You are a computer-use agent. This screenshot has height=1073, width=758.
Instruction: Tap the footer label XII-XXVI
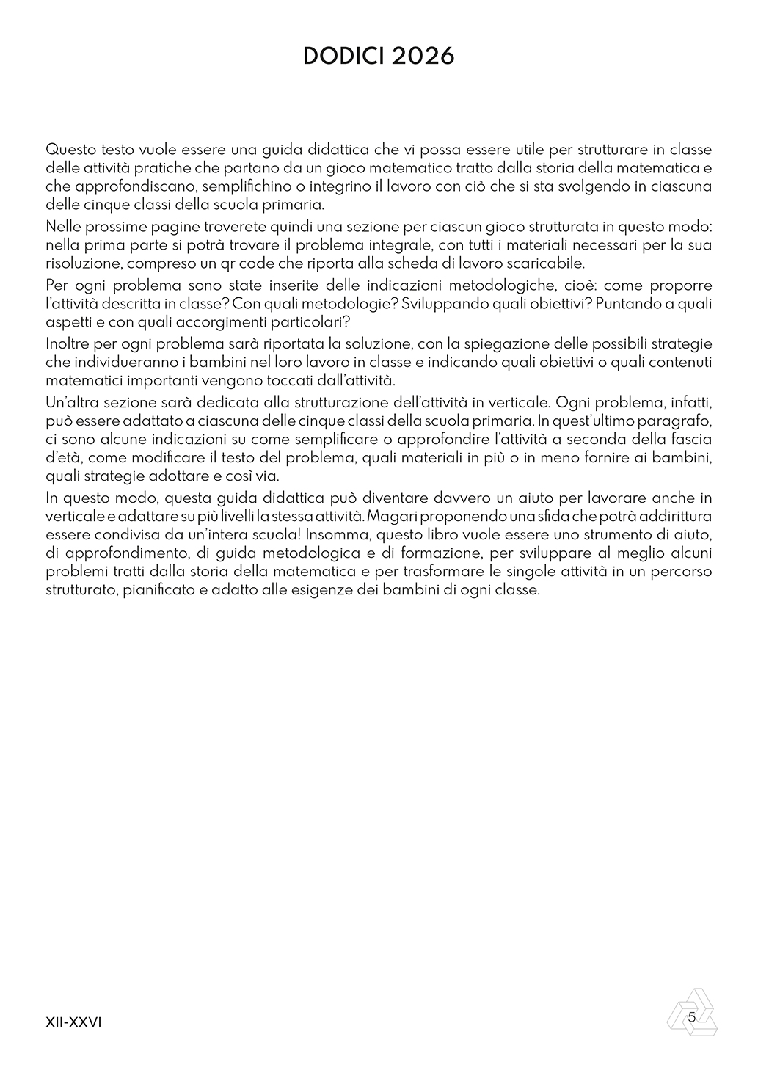[x=73, y=1022]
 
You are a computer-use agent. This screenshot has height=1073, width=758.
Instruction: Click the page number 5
[x=692, y=1016]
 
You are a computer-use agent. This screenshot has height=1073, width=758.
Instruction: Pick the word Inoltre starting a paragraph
[x=67, y=343]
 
